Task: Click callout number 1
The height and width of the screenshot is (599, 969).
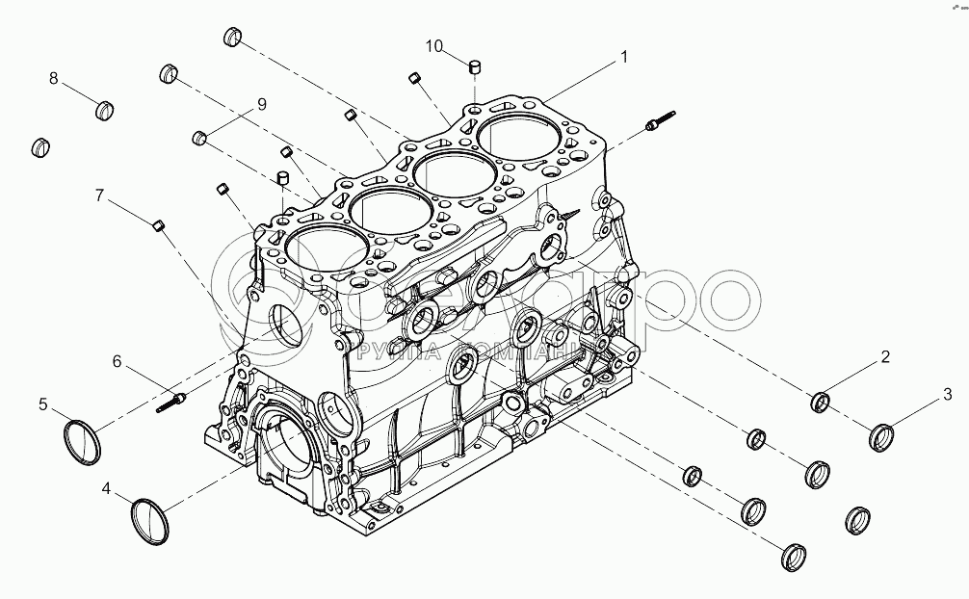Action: coord(624,58)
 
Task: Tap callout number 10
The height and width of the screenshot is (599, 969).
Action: coord(434,46)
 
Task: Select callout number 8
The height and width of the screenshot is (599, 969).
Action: coord(54,78)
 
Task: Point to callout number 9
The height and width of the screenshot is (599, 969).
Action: coord(260,105)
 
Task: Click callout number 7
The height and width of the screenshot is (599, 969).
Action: coord(99,195)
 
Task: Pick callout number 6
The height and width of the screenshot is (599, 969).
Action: coord(118,362)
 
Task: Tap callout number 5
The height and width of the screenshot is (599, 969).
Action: coord(43,404)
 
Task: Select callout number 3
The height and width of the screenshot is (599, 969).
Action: coord(947,393)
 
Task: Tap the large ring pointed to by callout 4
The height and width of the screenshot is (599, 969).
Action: coord(150,520)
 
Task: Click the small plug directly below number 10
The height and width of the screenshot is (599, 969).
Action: coord(474,67)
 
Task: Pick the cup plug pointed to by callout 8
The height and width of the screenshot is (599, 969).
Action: coord(107,111)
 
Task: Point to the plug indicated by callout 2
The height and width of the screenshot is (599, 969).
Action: coord(822,401)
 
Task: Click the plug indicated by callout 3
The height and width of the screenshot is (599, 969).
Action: coord(882,437)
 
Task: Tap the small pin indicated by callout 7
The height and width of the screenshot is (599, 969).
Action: coord(160,225)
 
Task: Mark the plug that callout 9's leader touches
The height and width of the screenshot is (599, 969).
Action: coord(200,138)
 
